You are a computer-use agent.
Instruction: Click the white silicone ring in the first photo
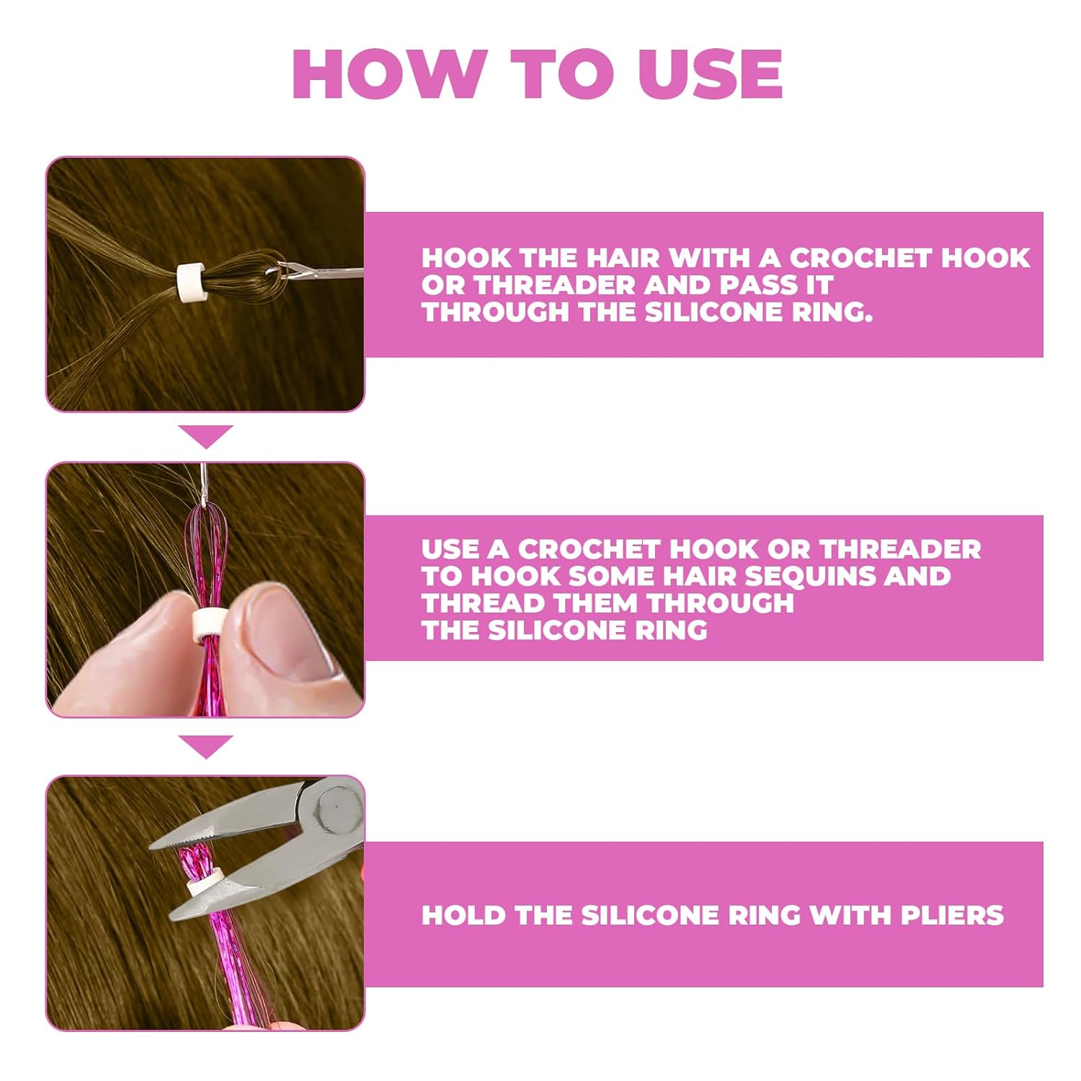point(189,281)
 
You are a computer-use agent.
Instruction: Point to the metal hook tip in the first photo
point(274,272)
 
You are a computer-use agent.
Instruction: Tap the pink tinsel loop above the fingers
point(205,548)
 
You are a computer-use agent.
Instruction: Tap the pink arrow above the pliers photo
point(206,747)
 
